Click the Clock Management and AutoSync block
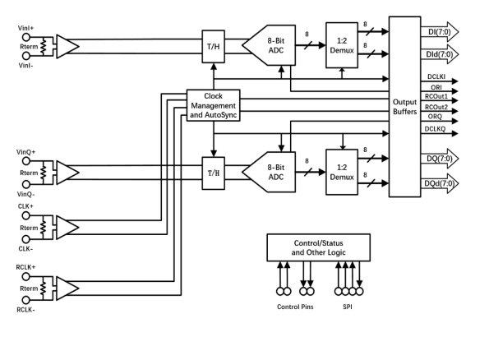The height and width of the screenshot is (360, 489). [214, 105]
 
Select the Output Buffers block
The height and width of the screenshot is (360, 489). [405, 107]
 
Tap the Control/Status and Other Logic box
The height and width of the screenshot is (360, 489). [318, 247]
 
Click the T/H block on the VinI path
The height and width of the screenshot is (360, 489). [214, 47]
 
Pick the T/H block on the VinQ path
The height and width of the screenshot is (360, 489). [214, 173]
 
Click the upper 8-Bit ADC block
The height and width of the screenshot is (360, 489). [269, 45]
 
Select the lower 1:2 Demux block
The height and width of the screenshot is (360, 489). [342, 173]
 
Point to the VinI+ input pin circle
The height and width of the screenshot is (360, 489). [25, 37]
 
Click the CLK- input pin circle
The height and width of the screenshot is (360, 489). [25, 239]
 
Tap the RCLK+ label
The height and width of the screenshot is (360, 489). [25, 267]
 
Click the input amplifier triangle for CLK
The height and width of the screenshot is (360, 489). [67, 228]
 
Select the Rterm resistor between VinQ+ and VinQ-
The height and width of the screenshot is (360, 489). [44, 173]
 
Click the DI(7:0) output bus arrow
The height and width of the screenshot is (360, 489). [440, 32]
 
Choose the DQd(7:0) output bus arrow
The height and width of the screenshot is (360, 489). [440, 183]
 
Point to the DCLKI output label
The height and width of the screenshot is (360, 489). [436, 76]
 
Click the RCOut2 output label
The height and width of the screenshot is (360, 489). [436, 108]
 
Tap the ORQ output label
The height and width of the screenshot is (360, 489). [435, 117]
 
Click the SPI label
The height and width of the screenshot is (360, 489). [348, 307]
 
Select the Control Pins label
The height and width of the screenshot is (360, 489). [295, 307]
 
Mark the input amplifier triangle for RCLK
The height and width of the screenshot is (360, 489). [67, 288]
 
